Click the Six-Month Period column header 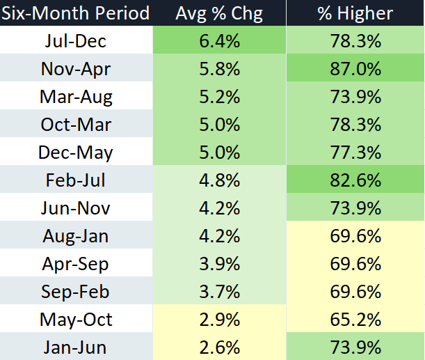[75, 13]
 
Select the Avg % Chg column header [219, 13]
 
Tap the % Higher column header [355, 13]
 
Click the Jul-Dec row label [75, 41]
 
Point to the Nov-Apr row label [75, 69]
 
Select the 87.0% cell [355, 69]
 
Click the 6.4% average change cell [219, 41]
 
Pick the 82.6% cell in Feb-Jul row [355, 180]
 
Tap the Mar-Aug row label [75, 97]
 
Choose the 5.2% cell [219, 97]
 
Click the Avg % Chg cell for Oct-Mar [219, 125]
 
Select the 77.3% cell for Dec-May [355, 152]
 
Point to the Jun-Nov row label [75, 208]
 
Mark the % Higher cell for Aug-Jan [355, 236]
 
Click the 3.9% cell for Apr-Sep [219, 264]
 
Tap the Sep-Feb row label [75, 292]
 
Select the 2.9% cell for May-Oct [219, 320]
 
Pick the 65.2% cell [355, 320]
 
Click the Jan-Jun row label [75, 346]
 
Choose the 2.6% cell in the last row [219, 346]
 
